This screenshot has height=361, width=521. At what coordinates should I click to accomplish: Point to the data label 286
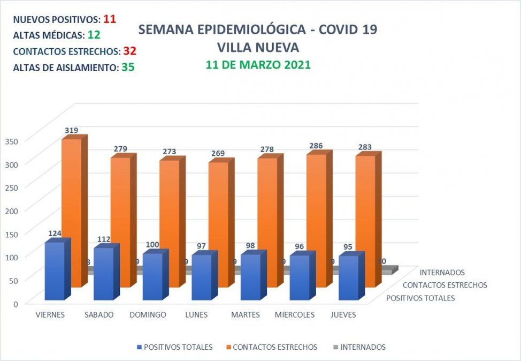click(x=316, y=146)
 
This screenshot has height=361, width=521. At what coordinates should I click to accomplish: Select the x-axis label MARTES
click(x=246, y=315)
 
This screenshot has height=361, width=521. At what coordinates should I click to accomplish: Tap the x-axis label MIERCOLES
click(x=295, y=315)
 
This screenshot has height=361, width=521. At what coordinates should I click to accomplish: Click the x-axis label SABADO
click(x=99, y=315)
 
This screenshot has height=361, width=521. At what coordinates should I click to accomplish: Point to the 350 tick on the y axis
click(x=12, y=141)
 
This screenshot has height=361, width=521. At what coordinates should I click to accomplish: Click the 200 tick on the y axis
click(x=12, y=210)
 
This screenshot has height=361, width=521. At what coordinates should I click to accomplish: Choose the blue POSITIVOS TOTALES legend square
click(x=140, y=347)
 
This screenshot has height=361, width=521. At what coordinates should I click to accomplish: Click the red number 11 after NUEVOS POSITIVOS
click(x=110, y=19)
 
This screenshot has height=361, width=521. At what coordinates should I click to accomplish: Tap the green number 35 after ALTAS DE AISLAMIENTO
click(x=127, y=67)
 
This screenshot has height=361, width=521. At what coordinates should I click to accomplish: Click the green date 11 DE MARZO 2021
click(x=258, y=65)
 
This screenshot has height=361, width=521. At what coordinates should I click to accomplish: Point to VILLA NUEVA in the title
click(x=258, y=47)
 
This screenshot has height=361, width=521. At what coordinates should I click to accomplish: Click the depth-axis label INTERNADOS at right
click(x=442, y=272)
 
